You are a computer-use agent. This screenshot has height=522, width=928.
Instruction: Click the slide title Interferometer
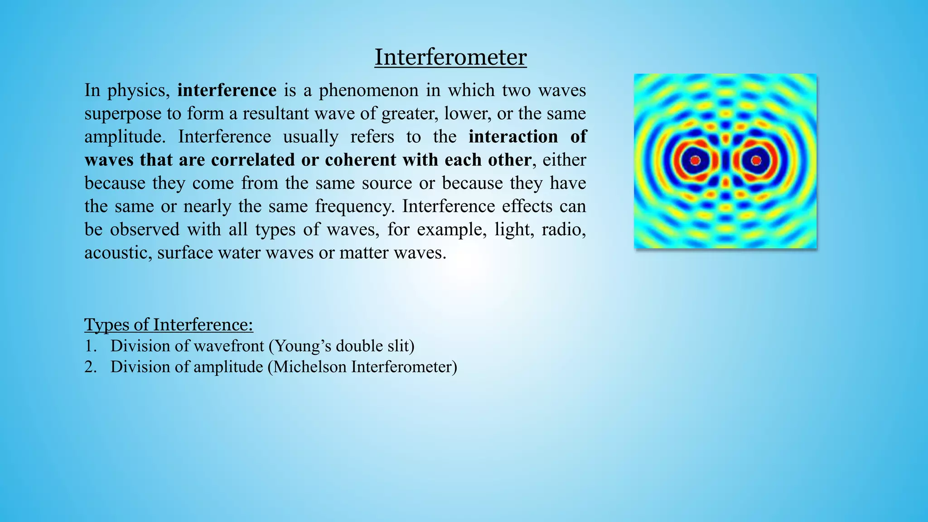tap(450, 58)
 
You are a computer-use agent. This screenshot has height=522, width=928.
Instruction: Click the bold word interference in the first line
tap(227, 91)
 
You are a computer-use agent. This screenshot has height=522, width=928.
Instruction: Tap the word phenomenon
tap(368, 91)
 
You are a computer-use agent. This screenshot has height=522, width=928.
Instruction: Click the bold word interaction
tap(513, 137)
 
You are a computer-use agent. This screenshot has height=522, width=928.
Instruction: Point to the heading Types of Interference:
tap(169, 325)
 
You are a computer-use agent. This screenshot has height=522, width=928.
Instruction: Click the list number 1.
tap(90, 346)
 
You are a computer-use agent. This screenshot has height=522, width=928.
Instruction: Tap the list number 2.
tap(90, 367)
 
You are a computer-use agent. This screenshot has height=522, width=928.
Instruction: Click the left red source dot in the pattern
tap(695, 160)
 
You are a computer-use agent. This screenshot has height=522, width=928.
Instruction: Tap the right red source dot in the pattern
tap(756, 160)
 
